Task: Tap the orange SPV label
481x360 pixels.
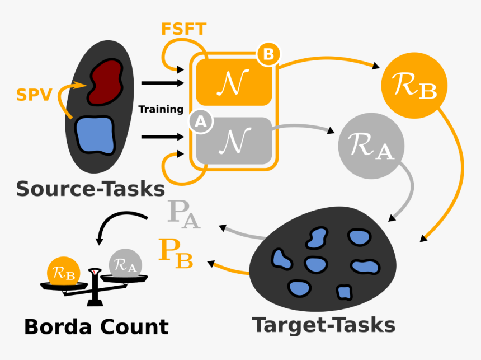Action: tap(33, 94)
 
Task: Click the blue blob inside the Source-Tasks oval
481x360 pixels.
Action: tap(95, 134)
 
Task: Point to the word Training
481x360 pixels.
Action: tap(161, 109)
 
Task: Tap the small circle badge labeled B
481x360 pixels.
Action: tap(268, 54)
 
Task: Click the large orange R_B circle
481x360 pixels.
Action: tap(414, 86)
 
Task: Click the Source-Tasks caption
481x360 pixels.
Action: tap(90, 189)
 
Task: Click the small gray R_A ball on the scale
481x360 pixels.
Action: tap(124, 264)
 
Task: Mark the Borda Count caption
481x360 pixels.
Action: tap(96, 326)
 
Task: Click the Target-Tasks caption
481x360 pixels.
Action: tap(324, 325)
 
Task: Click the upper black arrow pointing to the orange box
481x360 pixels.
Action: tap(162, 83)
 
